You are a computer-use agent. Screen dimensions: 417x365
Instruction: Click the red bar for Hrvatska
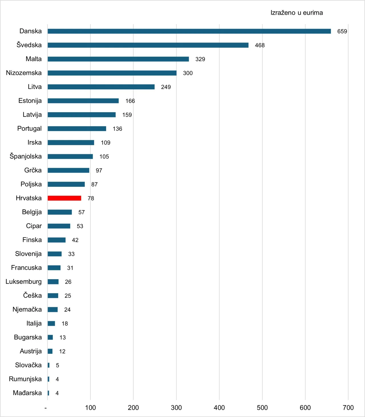click(64, 198)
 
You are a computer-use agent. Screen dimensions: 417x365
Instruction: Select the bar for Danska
click(189, 31)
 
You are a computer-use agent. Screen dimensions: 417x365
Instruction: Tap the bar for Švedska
click(148, 45)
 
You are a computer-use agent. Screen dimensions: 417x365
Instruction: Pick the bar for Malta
click(118, 59)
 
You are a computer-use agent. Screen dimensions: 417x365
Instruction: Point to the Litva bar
click(101, 87)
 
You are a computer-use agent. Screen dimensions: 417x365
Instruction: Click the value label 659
click(342, 31)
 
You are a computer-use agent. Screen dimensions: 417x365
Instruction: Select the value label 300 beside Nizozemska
click(188, 73)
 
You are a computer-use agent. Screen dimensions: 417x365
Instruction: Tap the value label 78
click(91, 198)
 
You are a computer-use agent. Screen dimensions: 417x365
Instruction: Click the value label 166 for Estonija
click(130, 101)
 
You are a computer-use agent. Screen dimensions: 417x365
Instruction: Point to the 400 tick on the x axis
click(219, 408)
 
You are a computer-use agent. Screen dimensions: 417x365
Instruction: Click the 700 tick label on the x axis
click(348, 408)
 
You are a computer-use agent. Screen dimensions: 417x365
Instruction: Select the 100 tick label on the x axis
click(90, 408)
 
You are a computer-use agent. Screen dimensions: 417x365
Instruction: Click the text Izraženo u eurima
click(297, 13)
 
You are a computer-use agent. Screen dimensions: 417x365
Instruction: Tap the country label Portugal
click(29, 128)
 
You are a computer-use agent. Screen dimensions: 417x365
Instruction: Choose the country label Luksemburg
click(24, 282)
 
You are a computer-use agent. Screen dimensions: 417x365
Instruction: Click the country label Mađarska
click(27, 393)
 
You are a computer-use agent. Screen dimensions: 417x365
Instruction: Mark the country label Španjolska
click(26, 156)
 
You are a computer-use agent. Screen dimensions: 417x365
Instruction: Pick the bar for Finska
click(56, 240)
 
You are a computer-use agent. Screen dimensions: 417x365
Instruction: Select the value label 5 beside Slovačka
click(57, 365)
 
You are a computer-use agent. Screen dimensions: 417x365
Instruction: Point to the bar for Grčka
click(68, 170)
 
